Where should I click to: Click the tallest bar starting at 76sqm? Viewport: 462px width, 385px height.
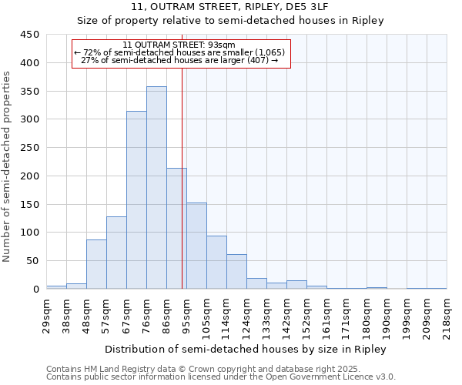click(x=156, y=188)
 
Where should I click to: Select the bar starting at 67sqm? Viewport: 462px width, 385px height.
click(x=136, y=200)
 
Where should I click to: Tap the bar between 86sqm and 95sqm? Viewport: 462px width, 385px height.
click(x=176, y=229)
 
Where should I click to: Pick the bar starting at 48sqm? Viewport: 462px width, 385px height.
click(x=96, y=264)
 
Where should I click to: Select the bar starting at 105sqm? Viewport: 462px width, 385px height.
click(x=216, y=263)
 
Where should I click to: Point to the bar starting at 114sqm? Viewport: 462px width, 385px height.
click(x=236, y=272)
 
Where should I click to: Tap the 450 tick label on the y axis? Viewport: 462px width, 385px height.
click(x=30, y=35)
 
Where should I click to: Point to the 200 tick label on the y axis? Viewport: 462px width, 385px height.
click(x=30, y=176)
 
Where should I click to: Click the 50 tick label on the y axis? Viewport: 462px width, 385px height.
click(x=33, y=261)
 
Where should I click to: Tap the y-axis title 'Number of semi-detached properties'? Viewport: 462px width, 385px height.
click(x=8, y=166)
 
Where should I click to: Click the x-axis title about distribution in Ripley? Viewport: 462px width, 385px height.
click(x=246, y=349)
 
